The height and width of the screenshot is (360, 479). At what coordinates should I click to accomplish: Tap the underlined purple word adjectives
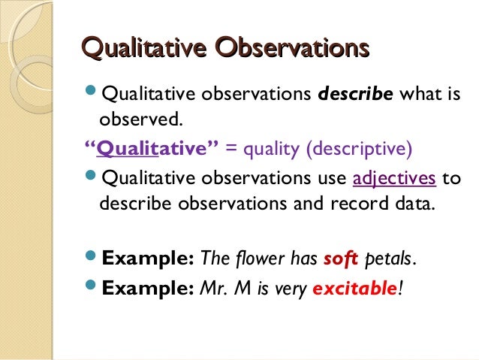tap(394, 180)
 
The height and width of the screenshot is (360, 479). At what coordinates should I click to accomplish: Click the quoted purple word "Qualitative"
tap(151, 148)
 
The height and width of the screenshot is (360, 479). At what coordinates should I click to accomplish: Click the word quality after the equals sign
tap(270, 148)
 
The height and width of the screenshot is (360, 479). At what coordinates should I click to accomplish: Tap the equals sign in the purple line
tap(230, 148)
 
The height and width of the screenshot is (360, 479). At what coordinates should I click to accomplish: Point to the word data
tap(413, 204)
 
